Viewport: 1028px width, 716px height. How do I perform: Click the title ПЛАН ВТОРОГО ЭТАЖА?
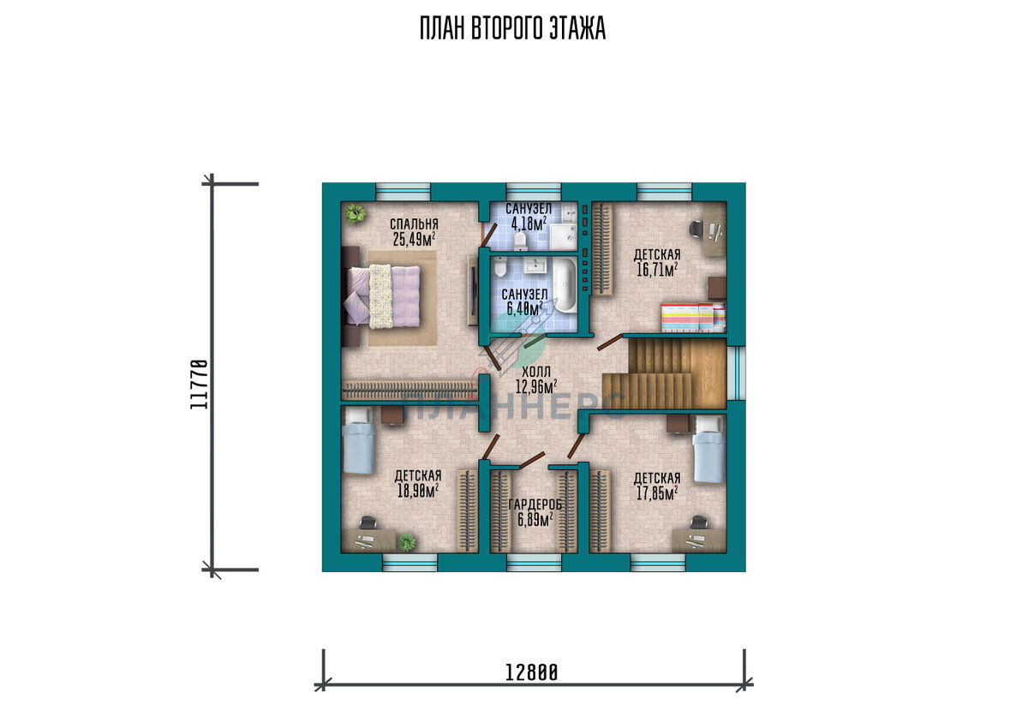click(512, 28)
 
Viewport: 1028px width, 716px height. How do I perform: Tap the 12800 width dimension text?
click(531, 673)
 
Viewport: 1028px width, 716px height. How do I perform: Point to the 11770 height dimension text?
click(199, 385)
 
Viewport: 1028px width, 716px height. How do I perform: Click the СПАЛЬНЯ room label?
click(414, 224)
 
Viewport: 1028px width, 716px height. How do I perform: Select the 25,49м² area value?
click(414, 239)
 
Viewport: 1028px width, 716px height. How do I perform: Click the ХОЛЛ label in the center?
click(536, 372)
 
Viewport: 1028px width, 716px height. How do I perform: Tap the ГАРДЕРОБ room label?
click(535, 505)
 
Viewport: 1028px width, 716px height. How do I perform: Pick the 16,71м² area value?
click(657, 269)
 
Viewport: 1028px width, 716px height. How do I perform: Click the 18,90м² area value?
click(418, 491)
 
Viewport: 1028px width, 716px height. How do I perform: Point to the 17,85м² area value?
click(657, 493)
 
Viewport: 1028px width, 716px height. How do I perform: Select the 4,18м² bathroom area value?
click(529, 224)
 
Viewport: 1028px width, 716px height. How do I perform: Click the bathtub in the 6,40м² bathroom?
click(565, 285)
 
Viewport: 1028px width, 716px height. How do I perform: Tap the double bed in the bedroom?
click(383, 296)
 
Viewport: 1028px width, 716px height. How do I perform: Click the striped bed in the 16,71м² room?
click(693, 318)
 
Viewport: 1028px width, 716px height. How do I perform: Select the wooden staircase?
click(664, 373)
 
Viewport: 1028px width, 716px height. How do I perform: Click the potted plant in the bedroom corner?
click(355, 213)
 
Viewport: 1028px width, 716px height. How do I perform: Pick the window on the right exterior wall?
click(737, 373)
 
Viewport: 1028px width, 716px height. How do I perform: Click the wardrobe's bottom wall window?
click(534, 563)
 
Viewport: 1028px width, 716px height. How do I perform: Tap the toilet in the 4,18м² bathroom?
click(520, 241)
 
